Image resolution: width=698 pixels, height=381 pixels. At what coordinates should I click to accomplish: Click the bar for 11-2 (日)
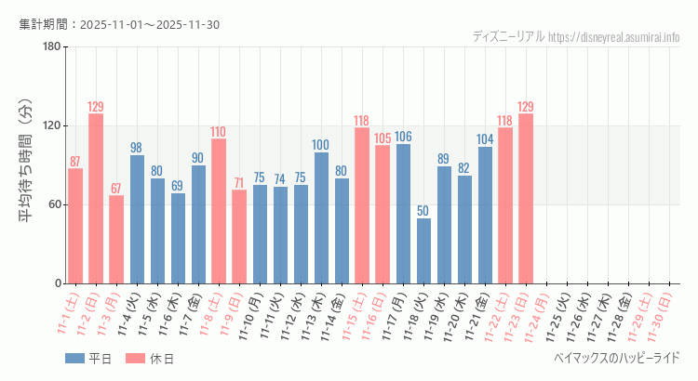tap(96, 199)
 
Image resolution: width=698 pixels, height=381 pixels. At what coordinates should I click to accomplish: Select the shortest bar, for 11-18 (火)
tap(423, 251)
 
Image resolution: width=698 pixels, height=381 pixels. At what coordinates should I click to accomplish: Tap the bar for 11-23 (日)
tap(526, 199)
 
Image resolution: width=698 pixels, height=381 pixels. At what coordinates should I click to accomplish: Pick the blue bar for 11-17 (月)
tap(403, 214)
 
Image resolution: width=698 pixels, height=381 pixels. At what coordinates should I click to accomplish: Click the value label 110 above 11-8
tap(219, 132)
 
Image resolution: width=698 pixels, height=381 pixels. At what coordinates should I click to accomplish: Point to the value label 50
tap(423, 211)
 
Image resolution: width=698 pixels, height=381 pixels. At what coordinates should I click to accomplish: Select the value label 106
tap(403, 137)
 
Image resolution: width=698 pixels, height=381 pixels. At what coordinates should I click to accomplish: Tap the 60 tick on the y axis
tap(54, 204)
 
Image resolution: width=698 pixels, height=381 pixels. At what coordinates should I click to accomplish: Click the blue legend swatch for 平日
tap(74, 359)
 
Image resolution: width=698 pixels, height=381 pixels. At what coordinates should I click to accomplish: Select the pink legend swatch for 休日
tap(136, 359)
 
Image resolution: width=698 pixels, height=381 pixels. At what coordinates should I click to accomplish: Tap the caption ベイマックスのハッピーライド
tap(616, 358)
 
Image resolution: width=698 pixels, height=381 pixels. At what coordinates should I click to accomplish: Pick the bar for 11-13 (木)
tap(321, 218)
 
